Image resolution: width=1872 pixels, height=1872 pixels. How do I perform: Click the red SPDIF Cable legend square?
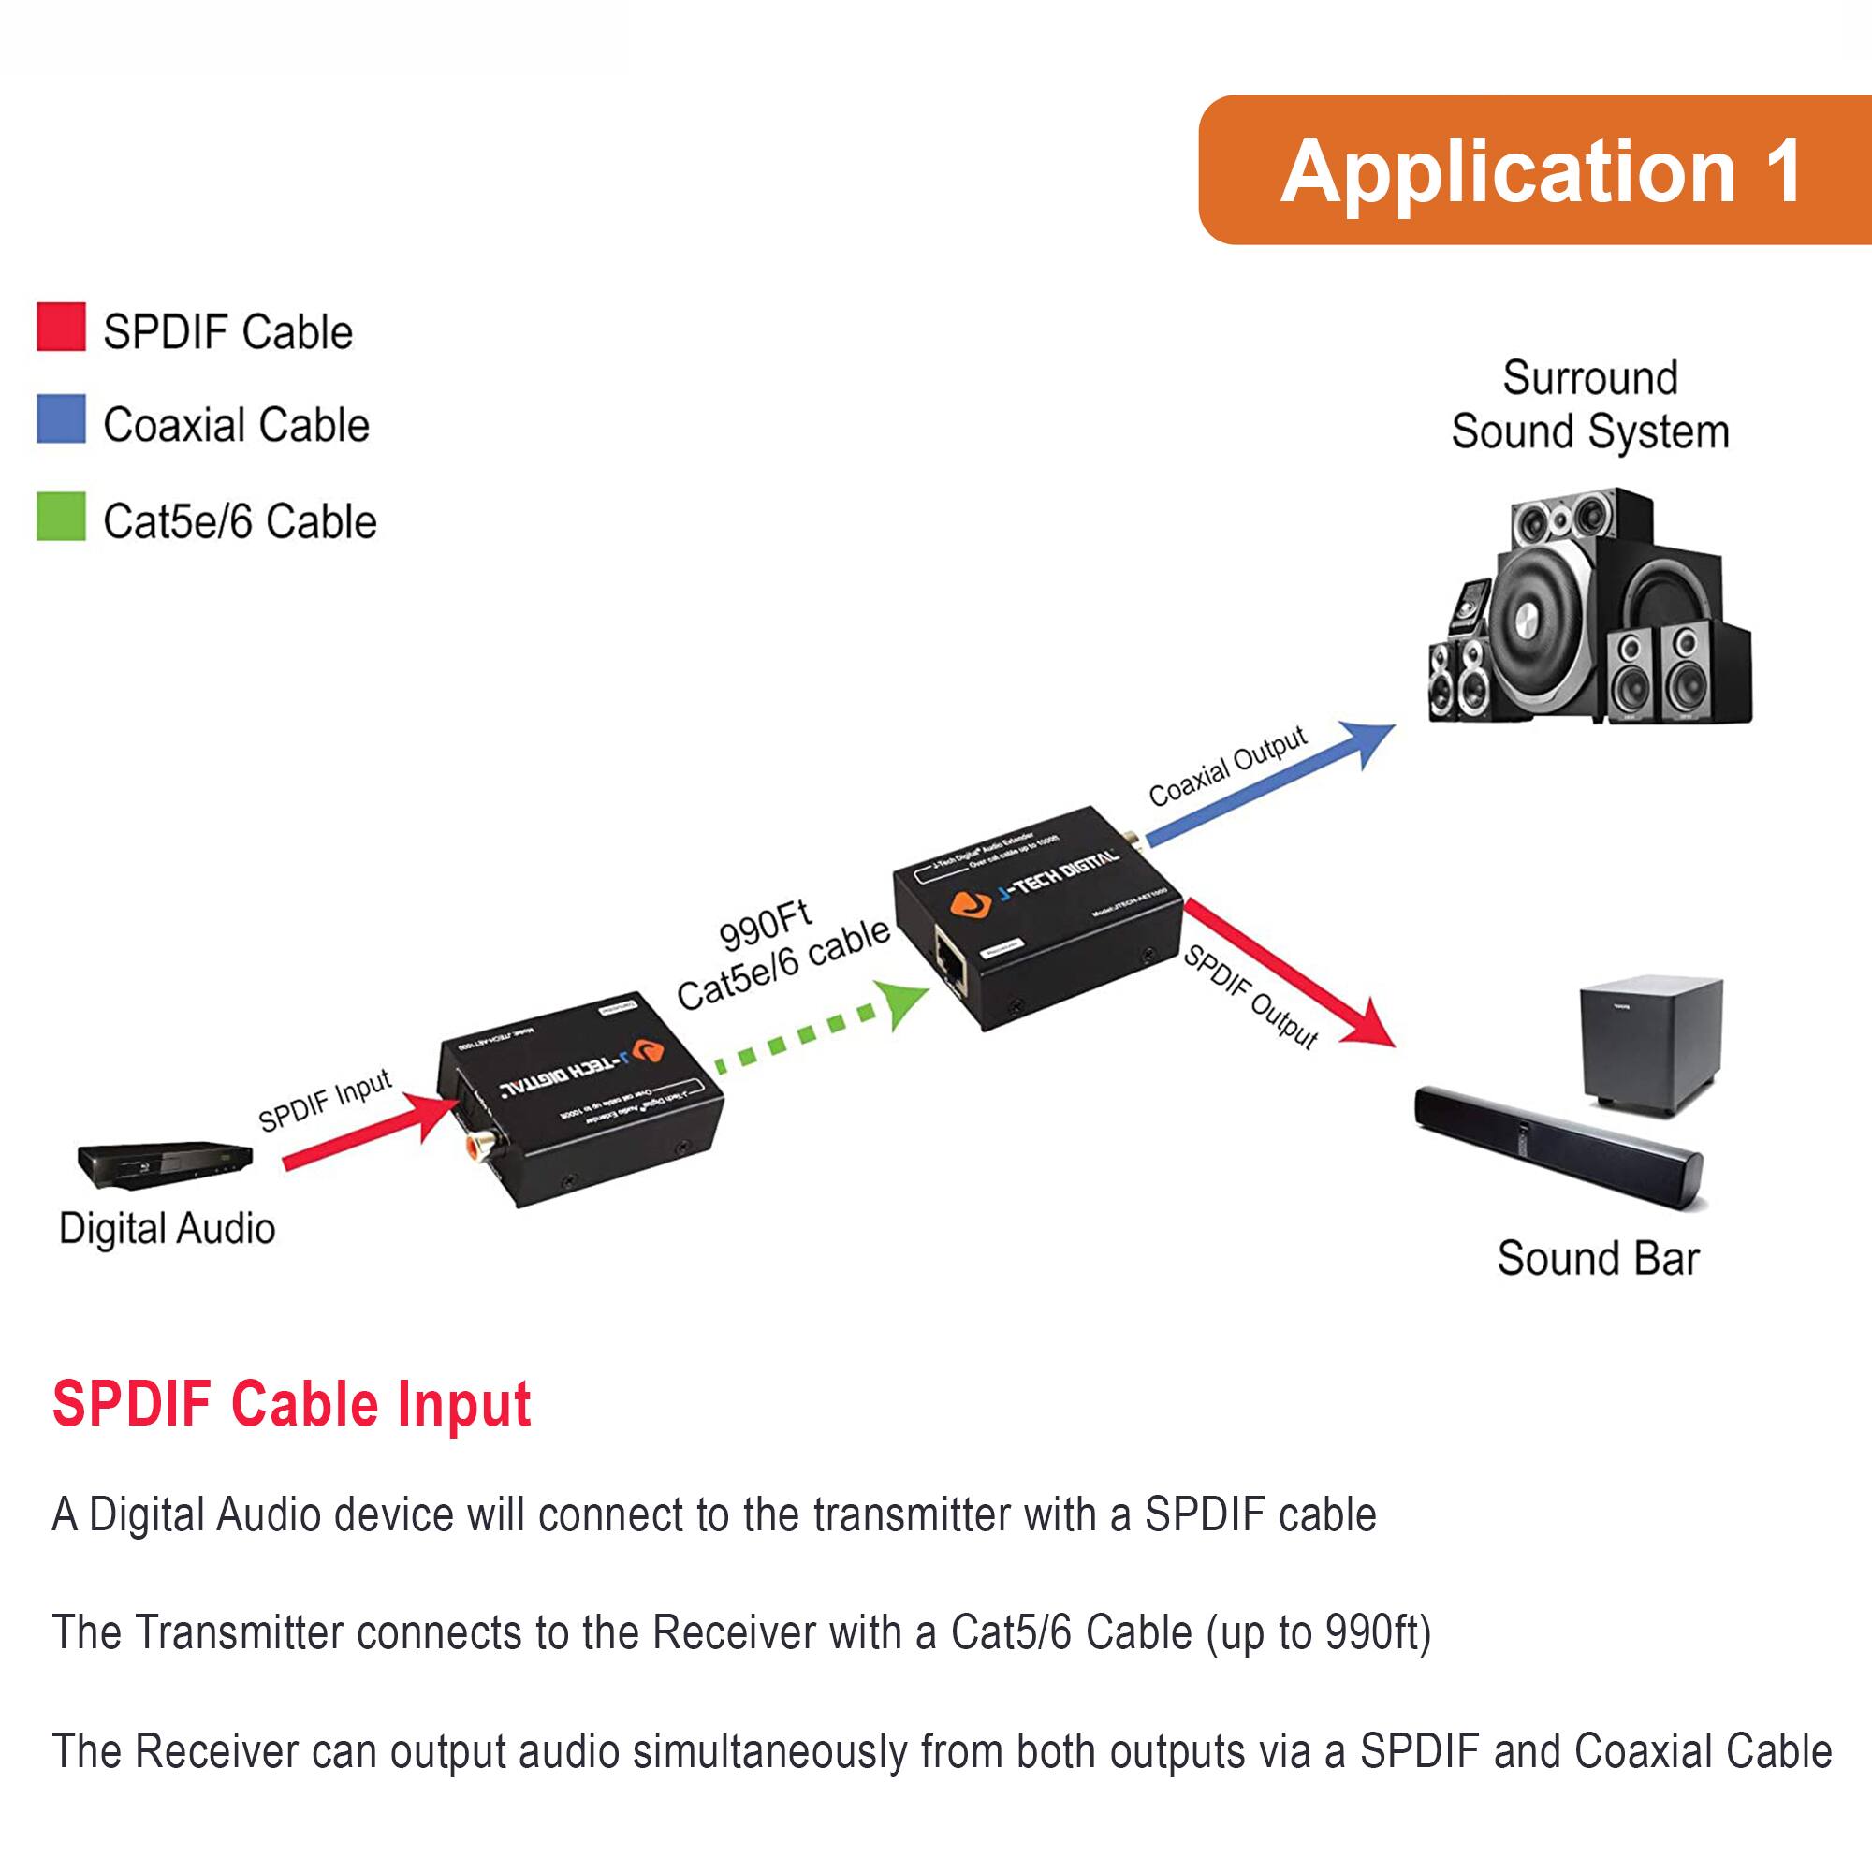click(x=61, y=327)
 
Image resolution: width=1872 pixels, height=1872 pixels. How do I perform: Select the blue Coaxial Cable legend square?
click(x=61, y=418)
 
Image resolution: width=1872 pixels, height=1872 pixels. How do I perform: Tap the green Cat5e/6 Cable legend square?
click(x=61, y=517)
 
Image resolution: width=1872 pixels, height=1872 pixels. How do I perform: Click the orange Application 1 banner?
click(x=1535, y=169)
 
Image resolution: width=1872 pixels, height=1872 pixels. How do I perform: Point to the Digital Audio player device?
click(x=166, y=1161)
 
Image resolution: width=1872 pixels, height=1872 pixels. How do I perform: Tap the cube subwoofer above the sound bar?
click(x=1651, y=1046)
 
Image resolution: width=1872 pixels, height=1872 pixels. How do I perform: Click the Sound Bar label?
click(x=1598, y=1259)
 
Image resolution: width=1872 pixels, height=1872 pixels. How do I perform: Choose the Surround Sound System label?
click(x=1590, y=405)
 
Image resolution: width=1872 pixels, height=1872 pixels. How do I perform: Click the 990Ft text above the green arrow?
click(x=765, y=927)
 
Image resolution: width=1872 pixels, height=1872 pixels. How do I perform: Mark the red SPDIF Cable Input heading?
click(x=292, y=1404)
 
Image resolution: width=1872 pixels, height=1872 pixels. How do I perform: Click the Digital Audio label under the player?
click(x=167, y=1229)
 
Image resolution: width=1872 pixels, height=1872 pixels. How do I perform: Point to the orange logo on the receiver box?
click(x=970, y=904)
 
